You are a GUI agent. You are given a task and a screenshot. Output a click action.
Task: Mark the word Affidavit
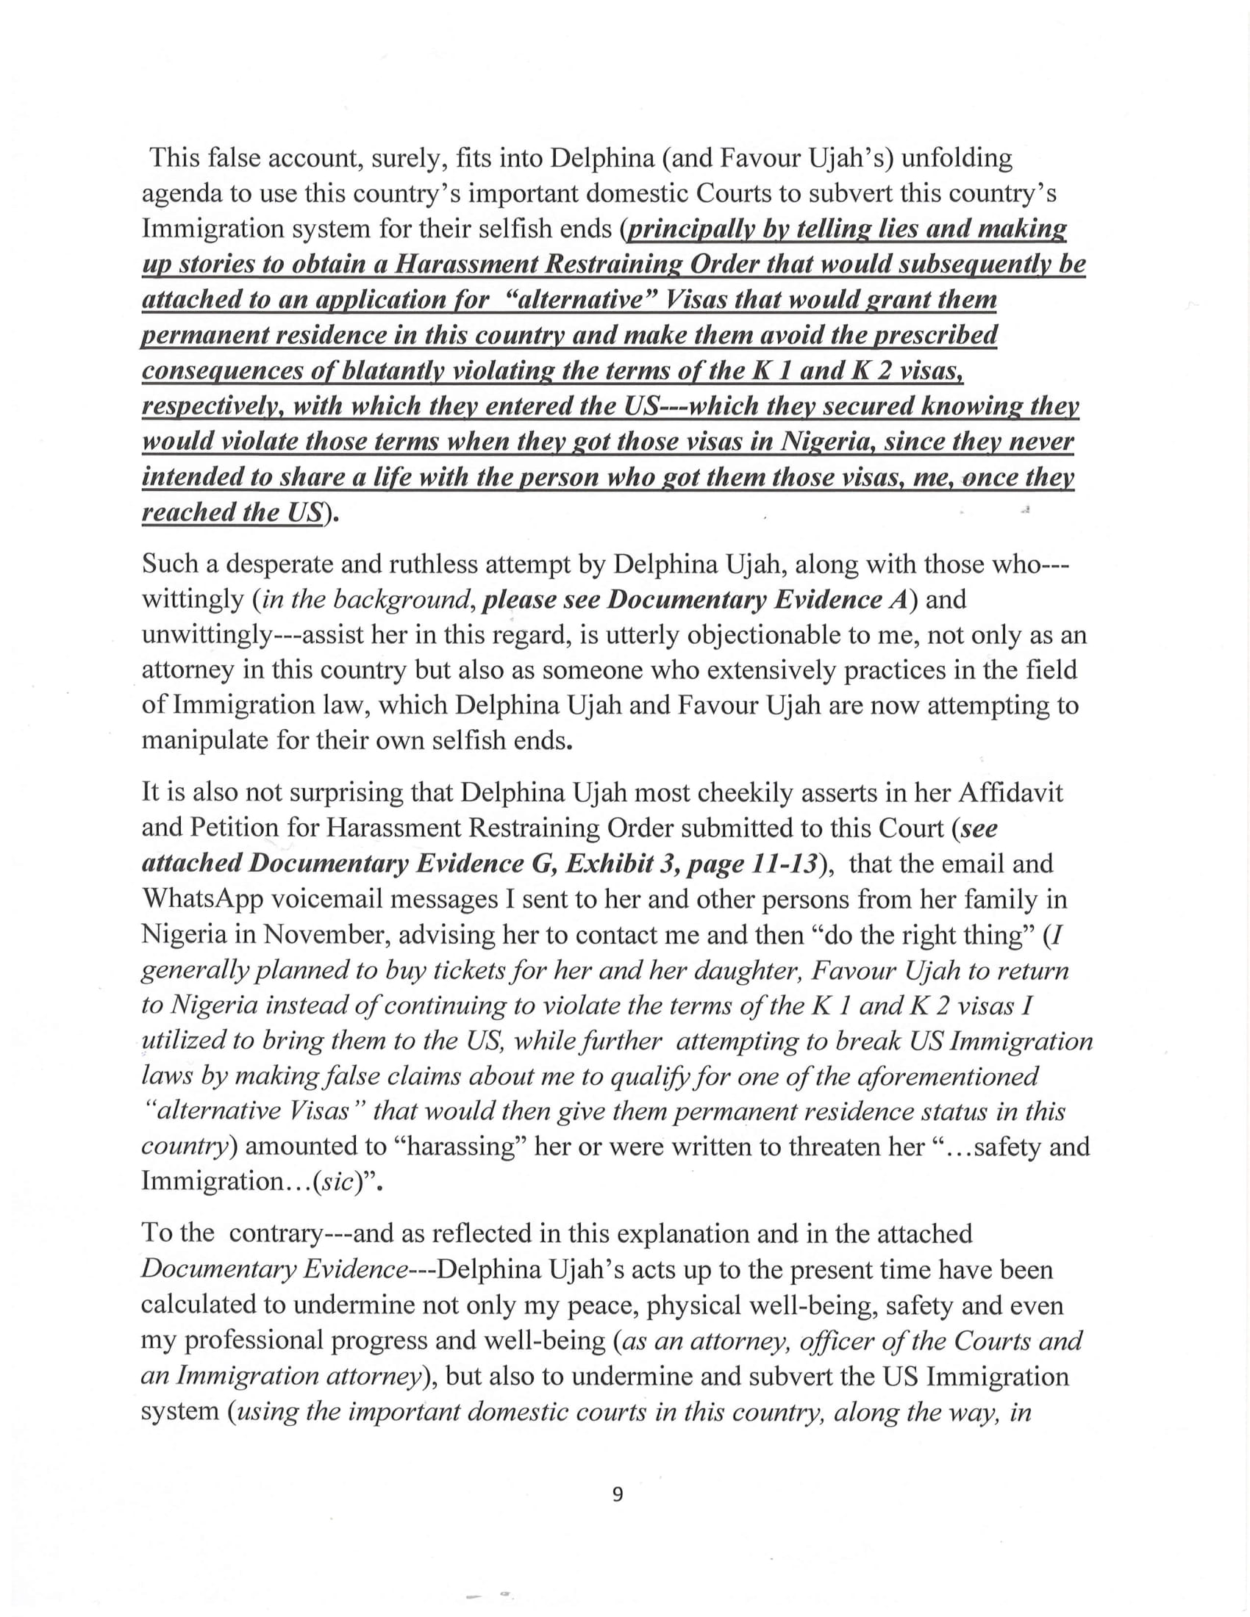tap(1011, 792)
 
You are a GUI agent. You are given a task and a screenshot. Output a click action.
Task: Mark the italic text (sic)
tap(335, 1183)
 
